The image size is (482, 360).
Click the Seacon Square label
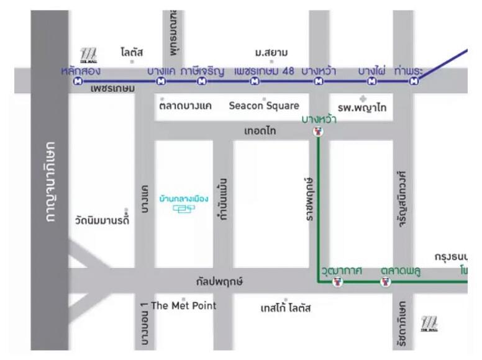[x=264, y=106]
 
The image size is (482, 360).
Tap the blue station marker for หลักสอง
[x=78, y=81]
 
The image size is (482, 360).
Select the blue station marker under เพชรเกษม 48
[x=255, y=81]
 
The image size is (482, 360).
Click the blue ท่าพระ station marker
[x=414, y=81]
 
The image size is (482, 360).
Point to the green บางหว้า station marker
[x=319, y=132]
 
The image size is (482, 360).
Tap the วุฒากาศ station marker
[x=337, y=282]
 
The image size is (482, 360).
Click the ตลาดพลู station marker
[x=386, y=282]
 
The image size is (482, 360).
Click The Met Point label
[x=184, y=305]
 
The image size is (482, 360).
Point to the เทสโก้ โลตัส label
[x=286, y=308]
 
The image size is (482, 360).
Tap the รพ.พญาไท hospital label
[x=363, y=107]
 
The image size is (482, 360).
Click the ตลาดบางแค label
[x=185, y=106]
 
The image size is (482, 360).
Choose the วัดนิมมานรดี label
[x=102, y=219]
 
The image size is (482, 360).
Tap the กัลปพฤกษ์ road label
[x=219, y=282]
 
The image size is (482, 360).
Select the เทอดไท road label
[x=261, y=131]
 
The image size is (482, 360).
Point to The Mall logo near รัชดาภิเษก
[x=429, y=323]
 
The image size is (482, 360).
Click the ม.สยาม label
[x=271, y=53]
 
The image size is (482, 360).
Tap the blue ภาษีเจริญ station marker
[x=202, y=81]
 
